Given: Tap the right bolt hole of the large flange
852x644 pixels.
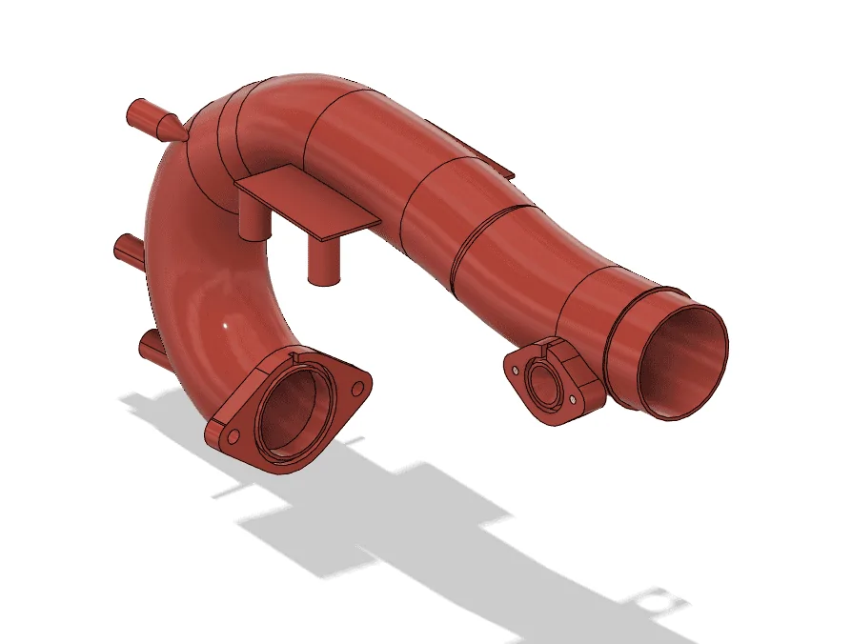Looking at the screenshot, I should pos(357,389).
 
